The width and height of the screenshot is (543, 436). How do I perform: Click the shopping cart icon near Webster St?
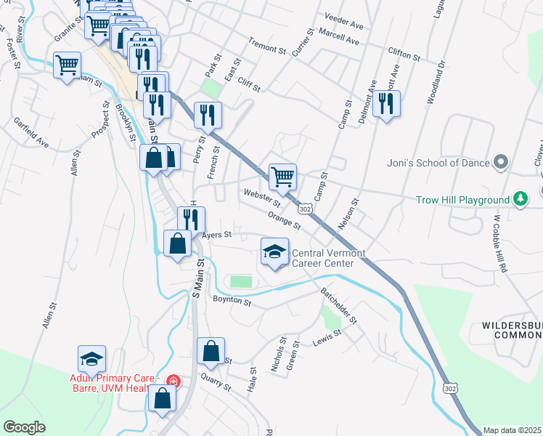[x=282, y=175]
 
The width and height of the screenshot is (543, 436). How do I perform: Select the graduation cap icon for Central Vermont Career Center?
[x=274, y=252]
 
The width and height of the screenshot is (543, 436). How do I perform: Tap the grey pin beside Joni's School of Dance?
[x=500, y=163]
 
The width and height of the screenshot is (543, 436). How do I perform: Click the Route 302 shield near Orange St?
[x=306, y=209]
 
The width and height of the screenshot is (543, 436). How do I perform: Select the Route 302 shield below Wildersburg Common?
[x=450, y=390]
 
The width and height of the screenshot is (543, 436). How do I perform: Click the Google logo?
[x=24, y=427]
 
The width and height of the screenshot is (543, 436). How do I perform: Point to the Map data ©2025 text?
[x=512, y=430]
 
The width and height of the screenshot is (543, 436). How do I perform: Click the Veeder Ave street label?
[x=344, y=25]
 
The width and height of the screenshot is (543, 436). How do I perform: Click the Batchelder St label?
[x=339, y=305]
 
